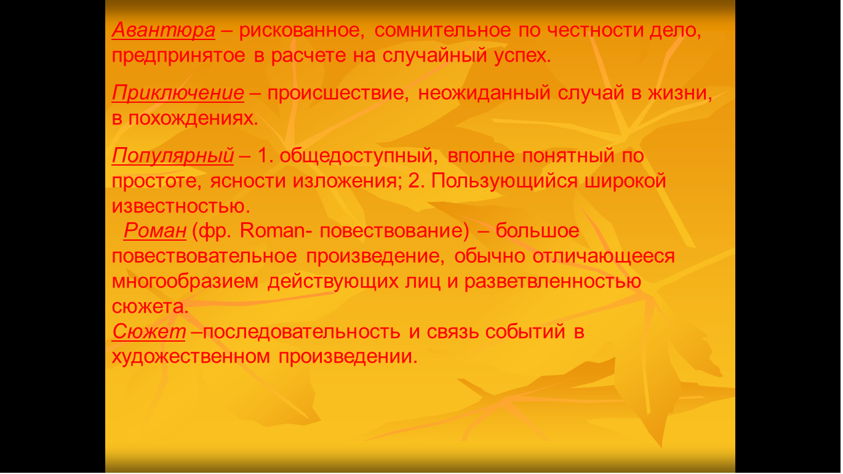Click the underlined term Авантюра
click(x=164, y=30)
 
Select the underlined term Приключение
click(x=178, y=93)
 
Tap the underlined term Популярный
click(x=173, y=156)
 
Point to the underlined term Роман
click(x=155, y=230)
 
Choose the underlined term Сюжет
click(x=149, y=332)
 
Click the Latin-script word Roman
click(x=273, y=230)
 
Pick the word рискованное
click(x=302, y=31)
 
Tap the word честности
click(x=596, y=30)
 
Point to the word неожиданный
click(x=484, y=93)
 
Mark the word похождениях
click(x=193, y=119)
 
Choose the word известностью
click(x=181, y=206)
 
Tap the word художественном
click(x=191, y=357)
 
